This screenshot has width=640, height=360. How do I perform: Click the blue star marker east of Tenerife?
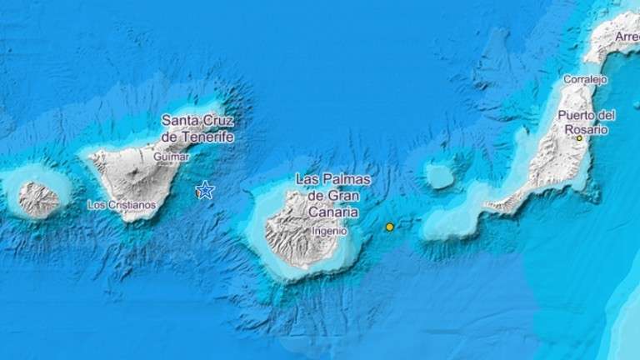click(205, 191)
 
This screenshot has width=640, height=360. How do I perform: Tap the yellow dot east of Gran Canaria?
click(389, 227)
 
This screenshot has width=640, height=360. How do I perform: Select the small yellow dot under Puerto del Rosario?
click(579, 138)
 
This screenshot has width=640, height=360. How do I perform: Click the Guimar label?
click(172, 156)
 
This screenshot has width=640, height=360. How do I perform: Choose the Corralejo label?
click(585, 79)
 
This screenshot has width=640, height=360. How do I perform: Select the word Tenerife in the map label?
click(209, 137)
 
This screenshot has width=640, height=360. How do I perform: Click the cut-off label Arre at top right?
click(627, 37)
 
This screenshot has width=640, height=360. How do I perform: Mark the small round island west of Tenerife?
click(38, 199)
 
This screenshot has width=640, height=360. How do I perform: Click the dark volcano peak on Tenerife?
click(136, 177)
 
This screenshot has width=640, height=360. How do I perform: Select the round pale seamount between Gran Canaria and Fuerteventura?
click(439, 176)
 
